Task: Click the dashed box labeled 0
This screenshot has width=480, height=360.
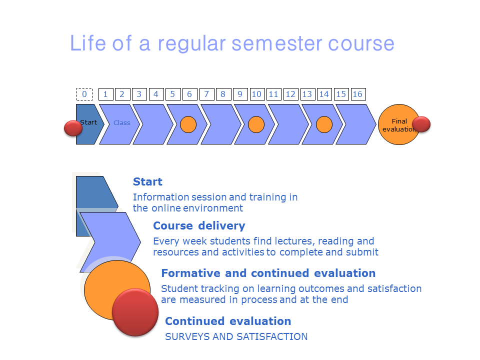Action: (84, 94)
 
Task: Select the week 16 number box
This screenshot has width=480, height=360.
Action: (357, 94)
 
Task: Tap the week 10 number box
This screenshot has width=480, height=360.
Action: (256, 94)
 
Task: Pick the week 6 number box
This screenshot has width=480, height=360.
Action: (189, 94)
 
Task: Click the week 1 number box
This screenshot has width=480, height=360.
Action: (105, 94)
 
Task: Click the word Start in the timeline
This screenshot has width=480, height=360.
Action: (88, 122)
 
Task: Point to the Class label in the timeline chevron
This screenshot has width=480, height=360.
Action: (121, 122)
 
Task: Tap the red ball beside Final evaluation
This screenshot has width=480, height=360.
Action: (421, 124)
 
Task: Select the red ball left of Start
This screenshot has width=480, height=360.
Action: (73, 128)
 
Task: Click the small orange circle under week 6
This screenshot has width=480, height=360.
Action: (188, 124)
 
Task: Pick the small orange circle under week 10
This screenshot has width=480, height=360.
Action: (256, 124)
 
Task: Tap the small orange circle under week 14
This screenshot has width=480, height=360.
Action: (324, 124)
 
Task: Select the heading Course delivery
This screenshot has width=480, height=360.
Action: (199, 225)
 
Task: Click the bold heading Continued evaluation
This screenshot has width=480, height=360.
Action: (228, 321)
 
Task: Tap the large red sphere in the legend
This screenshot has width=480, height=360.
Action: (135, 311)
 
